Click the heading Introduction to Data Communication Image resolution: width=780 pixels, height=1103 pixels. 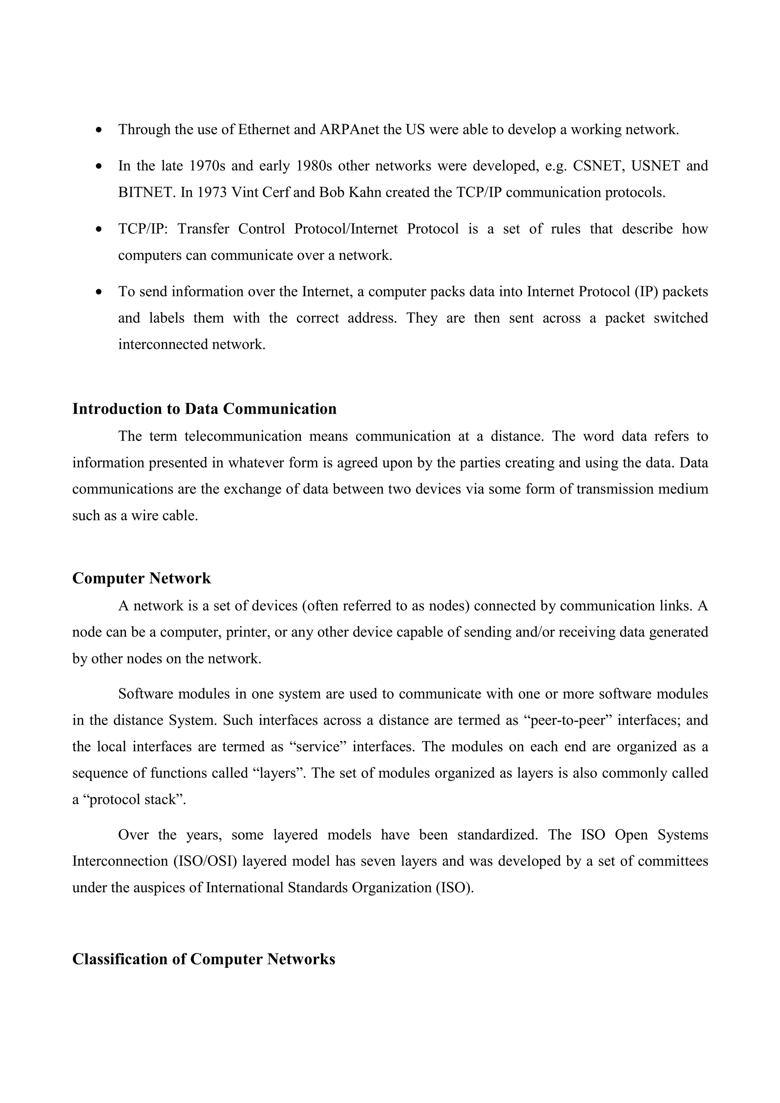204,409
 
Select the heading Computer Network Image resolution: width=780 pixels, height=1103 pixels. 141,578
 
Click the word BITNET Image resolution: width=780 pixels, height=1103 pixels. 147,192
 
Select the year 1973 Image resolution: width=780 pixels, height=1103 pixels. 212,192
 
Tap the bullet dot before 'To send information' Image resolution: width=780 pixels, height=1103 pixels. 99,292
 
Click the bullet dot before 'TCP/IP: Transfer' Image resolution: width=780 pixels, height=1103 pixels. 99,229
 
